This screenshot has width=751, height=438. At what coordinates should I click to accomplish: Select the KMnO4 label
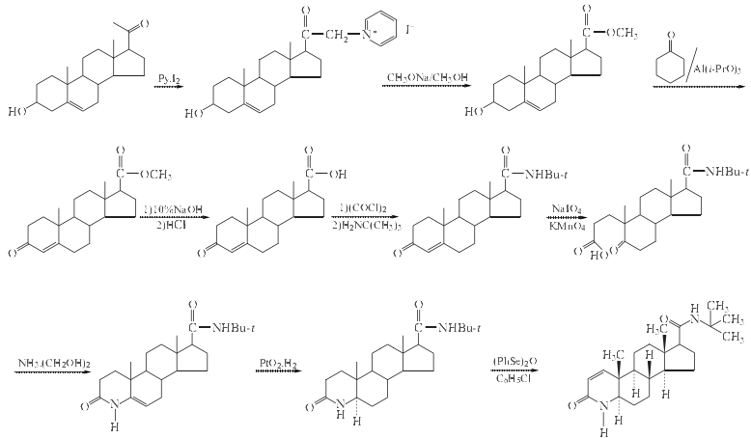[567, 228]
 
